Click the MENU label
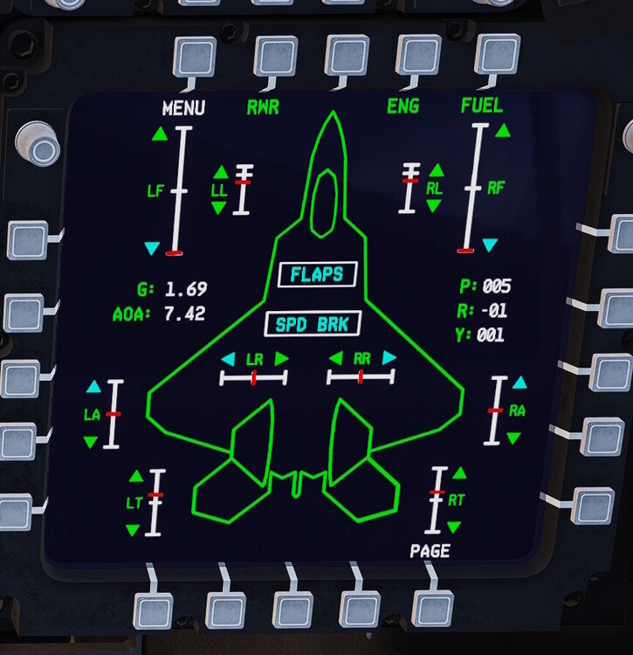[x=183, y=108]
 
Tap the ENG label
[x=403, y=107]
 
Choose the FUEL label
[x=482, y=106]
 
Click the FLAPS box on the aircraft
[x=317, y=274]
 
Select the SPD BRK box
[x=313, y=325]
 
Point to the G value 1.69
[x=186, y=289]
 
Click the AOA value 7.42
[x=185, y=314]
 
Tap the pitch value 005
[x=496, y=286]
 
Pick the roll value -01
[x=492, y=310]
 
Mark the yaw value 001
[x=490, y=334]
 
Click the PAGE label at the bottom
[x=430, y=550]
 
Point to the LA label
[x=92, y=415]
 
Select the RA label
[x=517, y=410]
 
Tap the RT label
[x=457, y=501]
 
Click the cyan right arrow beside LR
[x=281, y=359]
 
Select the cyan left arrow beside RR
[x=335, y=358]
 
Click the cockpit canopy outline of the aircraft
[x=326, y=204]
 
